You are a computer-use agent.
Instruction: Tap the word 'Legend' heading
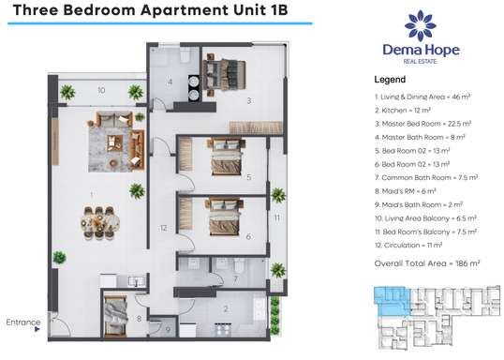[389, 80]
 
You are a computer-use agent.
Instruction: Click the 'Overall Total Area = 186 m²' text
[427, 263]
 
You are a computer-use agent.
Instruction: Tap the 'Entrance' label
[22, 322]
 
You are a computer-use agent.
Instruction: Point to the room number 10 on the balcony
[100, 91]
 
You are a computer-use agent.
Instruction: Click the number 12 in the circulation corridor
[163, 228]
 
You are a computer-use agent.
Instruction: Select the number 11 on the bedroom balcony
[277, 218]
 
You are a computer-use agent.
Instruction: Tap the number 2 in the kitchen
[224, 308]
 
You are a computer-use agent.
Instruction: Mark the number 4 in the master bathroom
[170, 82]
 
